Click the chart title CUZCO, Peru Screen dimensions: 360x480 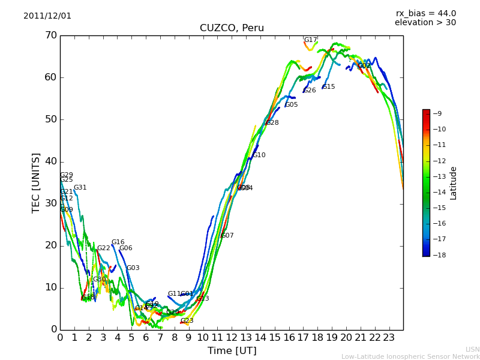click(x=232, y=28)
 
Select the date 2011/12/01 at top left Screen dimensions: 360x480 click(x=47, y=16)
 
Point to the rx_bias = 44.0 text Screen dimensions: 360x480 click(x=425, y=13)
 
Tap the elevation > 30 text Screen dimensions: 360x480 click(x=425, y=23)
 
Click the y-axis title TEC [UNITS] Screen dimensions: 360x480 click(x=37, y=182)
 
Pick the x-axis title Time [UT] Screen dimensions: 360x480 click(x=232, y=350)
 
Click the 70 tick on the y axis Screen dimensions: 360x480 click(x=50, y=35)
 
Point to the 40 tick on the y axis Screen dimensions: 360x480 click(x=50, y=161)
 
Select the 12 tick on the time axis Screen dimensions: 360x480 click(x=232, y=337)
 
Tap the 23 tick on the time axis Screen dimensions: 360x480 click(x=389, y=337)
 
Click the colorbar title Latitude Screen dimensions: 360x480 click(x=454, y=183)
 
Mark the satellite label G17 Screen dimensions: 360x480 click(x=310, y=40)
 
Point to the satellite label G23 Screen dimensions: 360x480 click(x=187, y=321)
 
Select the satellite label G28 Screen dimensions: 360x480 click(x=272, y=123)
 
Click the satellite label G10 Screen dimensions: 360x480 click(x=259, y=155)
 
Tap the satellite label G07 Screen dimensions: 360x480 click(x=227, y=236)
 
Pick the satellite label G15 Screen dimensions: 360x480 click(x=329, y=87)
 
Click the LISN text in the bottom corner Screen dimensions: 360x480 click(x=472, y=349)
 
